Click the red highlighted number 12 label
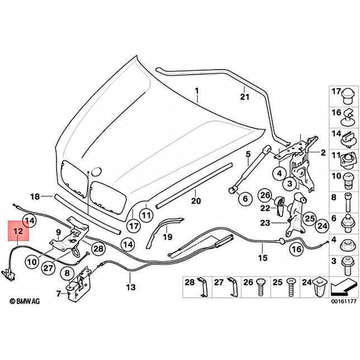coord(19,231)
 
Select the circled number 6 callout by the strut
coord(245,199)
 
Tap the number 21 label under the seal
coord(245,97)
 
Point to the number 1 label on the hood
coord(197,91)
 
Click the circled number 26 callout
coord(265,196)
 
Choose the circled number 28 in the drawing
coord(98,248)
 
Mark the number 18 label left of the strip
coord(35,197)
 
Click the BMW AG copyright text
coord(25,301)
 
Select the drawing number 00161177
coord(344,301)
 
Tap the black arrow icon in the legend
coord(344,286)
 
